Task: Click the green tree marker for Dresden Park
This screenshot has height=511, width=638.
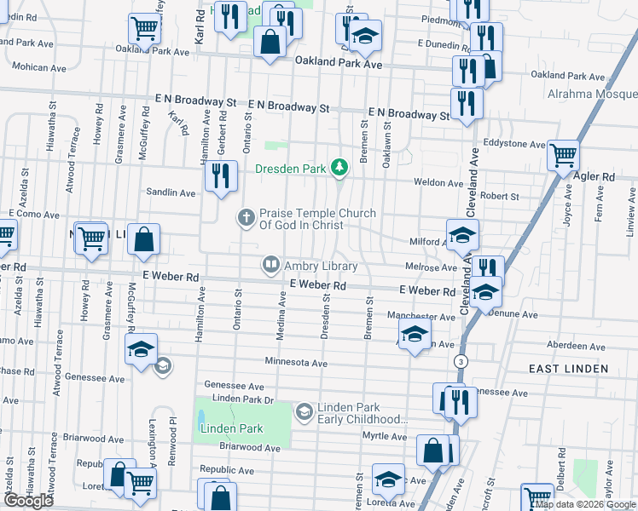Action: [x=339, y=168]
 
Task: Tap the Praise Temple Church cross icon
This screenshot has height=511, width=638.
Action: [x=246, y=218]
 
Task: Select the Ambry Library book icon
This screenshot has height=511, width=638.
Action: [x=271, y=266]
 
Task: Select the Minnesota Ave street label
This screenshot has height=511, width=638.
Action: [x=296, y=362]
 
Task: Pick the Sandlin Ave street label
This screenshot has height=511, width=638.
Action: [x=171, y=192]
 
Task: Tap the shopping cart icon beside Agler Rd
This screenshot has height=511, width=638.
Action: [x=563, y=158]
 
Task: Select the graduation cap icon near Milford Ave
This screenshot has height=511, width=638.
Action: [x=461, y=233]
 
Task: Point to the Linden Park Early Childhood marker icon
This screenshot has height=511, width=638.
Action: [x=304, y=413]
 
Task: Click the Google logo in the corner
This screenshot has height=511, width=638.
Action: [x=28, y=501]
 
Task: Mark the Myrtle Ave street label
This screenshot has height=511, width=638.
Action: [x=386, y=436]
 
